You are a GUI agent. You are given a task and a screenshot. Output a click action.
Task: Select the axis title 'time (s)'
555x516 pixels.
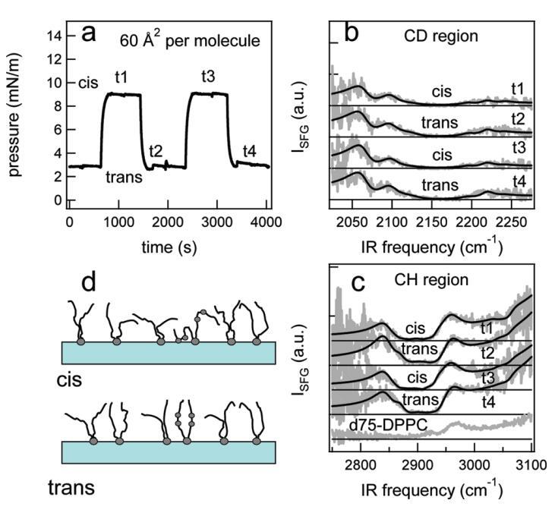(x=169, y=246)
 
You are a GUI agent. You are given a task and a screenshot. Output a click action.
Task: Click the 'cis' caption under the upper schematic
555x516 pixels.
(x=72, y=377)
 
